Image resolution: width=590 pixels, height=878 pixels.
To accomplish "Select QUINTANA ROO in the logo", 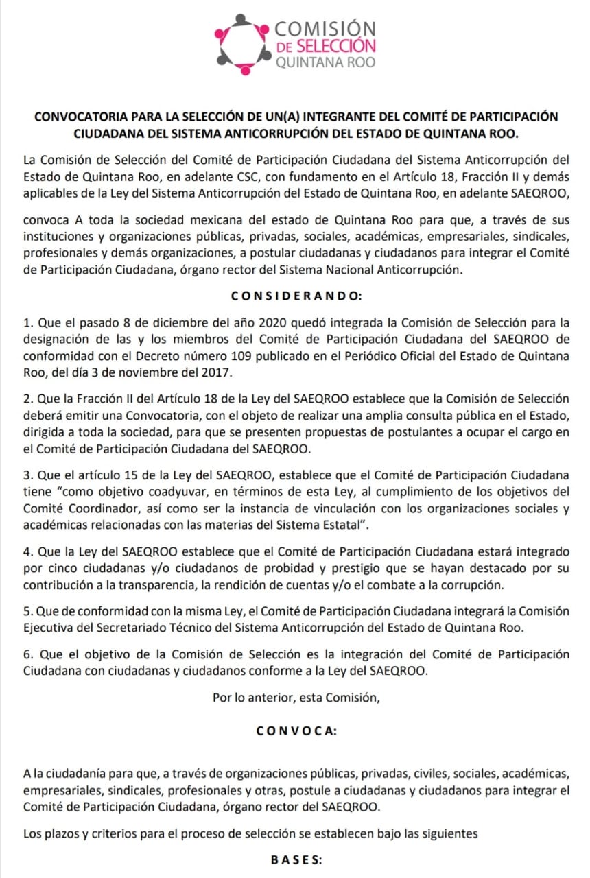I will [x=324, y=62].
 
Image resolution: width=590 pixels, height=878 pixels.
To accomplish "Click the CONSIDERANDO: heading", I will [x=295, y=296].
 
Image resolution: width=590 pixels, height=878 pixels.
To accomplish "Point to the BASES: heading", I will [x=295, y=859].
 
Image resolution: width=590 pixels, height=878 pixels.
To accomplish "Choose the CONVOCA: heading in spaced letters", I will [x=296, y=731].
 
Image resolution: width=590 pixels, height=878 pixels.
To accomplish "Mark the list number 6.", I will [x=27, y=654].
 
